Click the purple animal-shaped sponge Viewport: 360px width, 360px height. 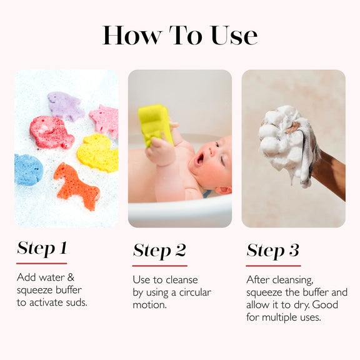pos(66,106)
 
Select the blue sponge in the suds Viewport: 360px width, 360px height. pos(28,170)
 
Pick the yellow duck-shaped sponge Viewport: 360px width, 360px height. pos(98,152)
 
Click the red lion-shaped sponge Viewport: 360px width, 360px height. pos(51,132)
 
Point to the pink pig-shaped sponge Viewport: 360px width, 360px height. pos(105,121)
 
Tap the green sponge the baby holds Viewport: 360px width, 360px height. pos(156,124)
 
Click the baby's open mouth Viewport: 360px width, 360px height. pos(199,159)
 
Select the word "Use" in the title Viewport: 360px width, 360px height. pos(234,35)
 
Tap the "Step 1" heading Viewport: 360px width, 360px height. pos(42,248)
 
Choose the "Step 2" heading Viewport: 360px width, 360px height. pos(159,251)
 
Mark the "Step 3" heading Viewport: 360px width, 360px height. pos(273,251)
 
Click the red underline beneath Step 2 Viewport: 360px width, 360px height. pos(160,266)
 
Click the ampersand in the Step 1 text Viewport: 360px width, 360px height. pos(71,277)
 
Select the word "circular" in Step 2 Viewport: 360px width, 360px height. pos(195,292)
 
